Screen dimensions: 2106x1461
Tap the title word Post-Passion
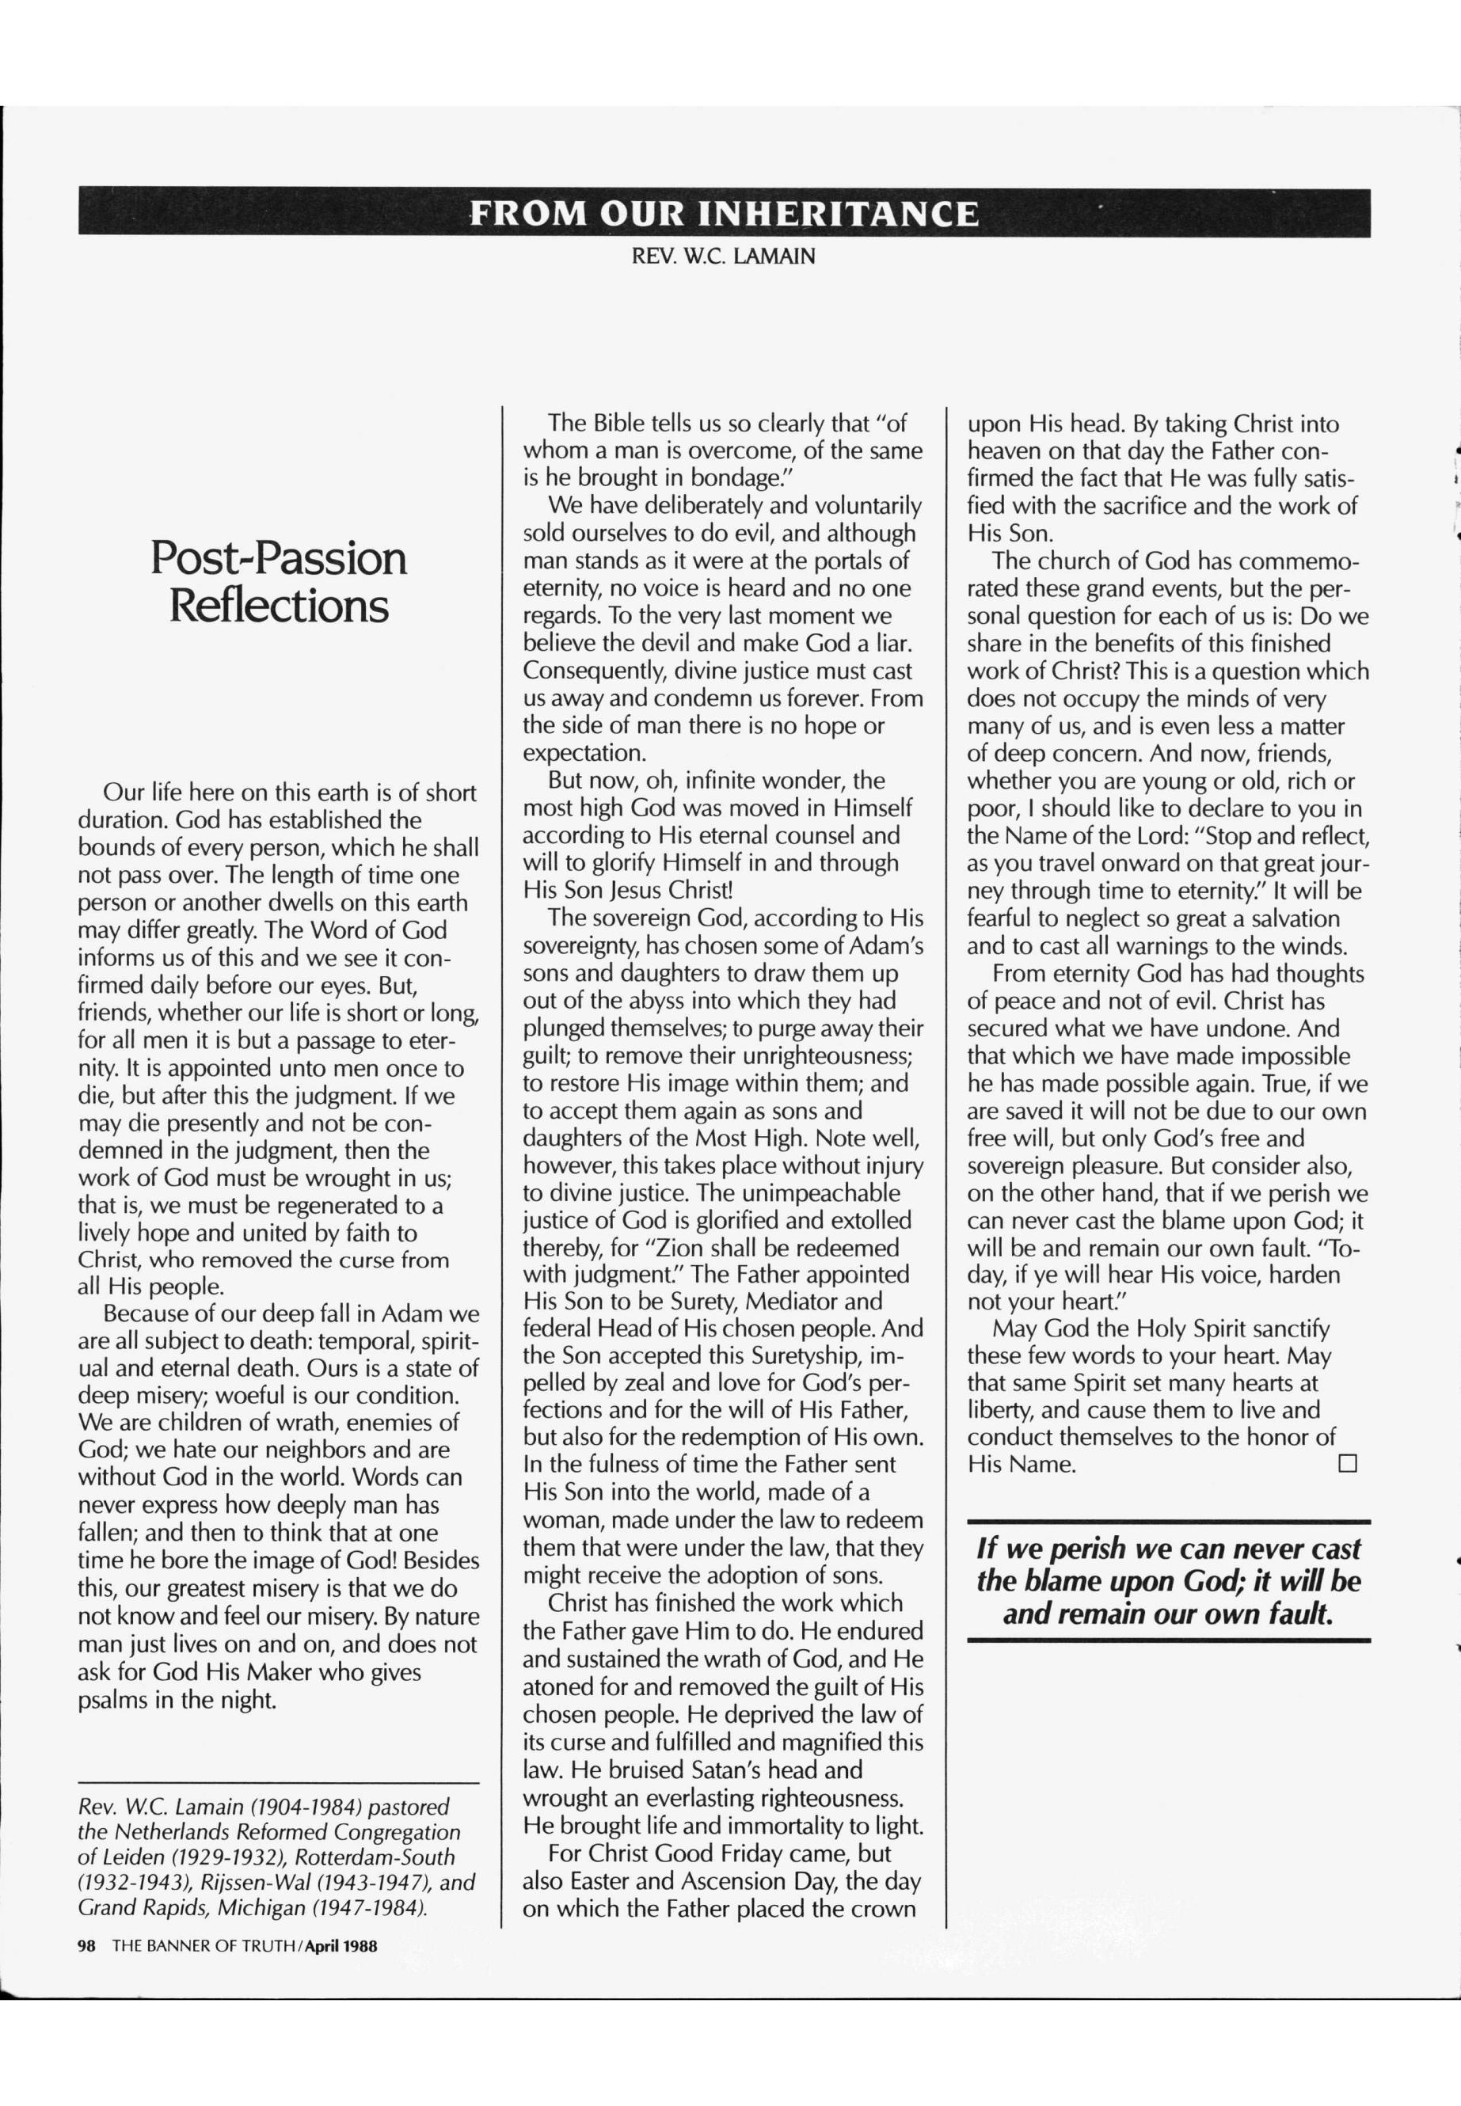tap(278, 557)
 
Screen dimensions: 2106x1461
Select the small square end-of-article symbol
tap(1346, 1465)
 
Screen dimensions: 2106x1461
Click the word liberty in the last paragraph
tap(1001, 1410)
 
